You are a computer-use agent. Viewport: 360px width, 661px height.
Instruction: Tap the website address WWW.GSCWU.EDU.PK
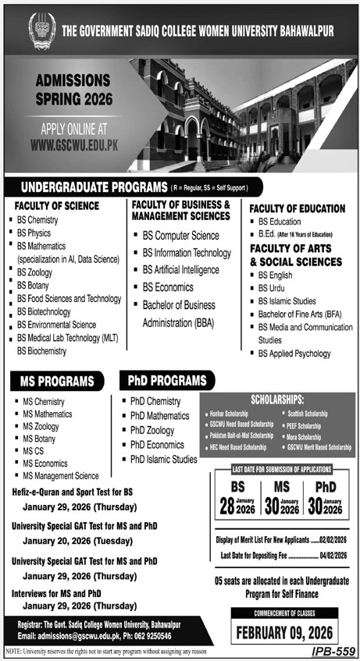click(80, 144)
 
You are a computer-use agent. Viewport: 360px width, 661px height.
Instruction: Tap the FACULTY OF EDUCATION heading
click(297, 208)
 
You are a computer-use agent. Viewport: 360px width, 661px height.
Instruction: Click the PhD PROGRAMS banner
click(165, 382)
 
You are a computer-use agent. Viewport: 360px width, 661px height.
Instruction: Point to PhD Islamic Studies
click(163, 460)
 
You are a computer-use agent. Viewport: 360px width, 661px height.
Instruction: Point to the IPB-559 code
click(332, 649)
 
